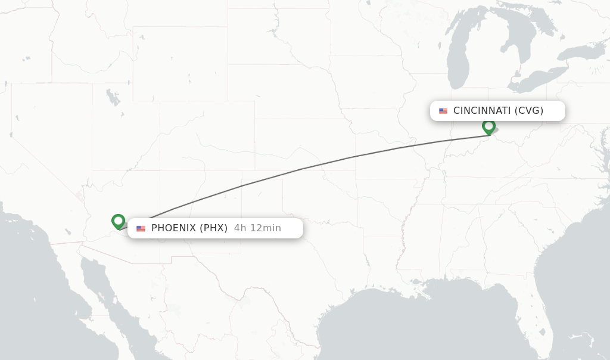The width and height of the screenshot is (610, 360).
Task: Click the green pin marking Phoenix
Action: click(118, 221)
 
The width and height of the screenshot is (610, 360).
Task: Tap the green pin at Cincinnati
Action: click(488, 126)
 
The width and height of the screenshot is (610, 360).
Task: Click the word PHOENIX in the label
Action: click(173, 228)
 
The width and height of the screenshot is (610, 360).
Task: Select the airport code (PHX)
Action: click(213, 228)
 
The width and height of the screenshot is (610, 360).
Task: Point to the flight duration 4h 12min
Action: click(257, 228)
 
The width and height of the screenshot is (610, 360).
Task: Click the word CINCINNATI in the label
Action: click(482, 111)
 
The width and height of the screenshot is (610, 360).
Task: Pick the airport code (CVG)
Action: click(529, 111)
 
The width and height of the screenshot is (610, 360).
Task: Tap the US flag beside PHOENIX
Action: click(141, 228)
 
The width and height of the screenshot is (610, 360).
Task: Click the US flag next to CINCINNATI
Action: click(443, 111)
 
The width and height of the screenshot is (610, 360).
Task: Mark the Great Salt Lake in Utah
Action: click(112, 97)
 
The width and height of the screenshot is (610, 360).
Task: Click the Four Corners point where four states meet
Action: click(159, 171)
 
